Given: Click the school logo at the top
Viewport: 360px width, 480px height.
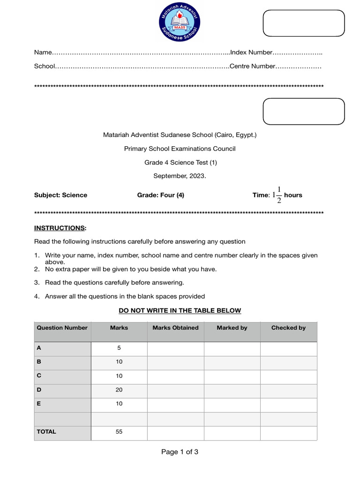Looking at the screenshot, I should [180, 21].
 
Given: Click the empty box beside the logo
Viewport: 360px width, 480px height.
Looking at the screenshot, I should [303, 23].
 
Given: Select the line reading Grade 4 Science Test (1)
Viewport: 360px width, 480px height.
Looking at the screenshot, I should [180, 163].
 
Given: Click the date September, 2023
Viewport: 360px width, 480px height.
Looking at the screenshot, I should [180, 176].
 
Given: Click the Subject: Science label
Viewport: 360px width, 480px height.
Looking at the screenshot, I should [60, 195].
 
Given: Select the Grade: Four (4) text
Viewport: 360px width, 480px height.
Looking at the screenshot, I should [160, 195].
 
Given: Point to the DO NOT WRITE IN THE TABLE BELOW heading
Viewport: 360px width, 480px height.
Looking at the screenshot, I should [180, 310].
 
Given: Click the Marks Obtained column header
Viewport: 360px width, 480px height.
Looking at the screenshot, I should [175, 328].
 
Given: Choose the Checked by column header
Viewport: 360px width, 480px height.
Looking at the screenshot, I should [288, 328].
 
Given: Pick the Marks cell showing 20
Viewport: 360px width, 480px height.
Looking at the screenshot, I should [119, 390].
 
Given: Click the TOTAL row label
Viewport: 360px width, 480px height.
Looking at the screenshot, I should [46, 432].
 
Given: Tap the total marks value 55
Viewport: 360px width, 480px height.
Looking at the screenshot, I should [119, 432].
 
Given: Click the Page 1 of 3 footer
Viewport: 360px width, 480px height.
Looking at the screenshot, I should [180, 452].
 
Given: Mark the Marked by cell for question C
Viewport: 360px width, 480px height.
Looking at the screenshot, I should [232, 376].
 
